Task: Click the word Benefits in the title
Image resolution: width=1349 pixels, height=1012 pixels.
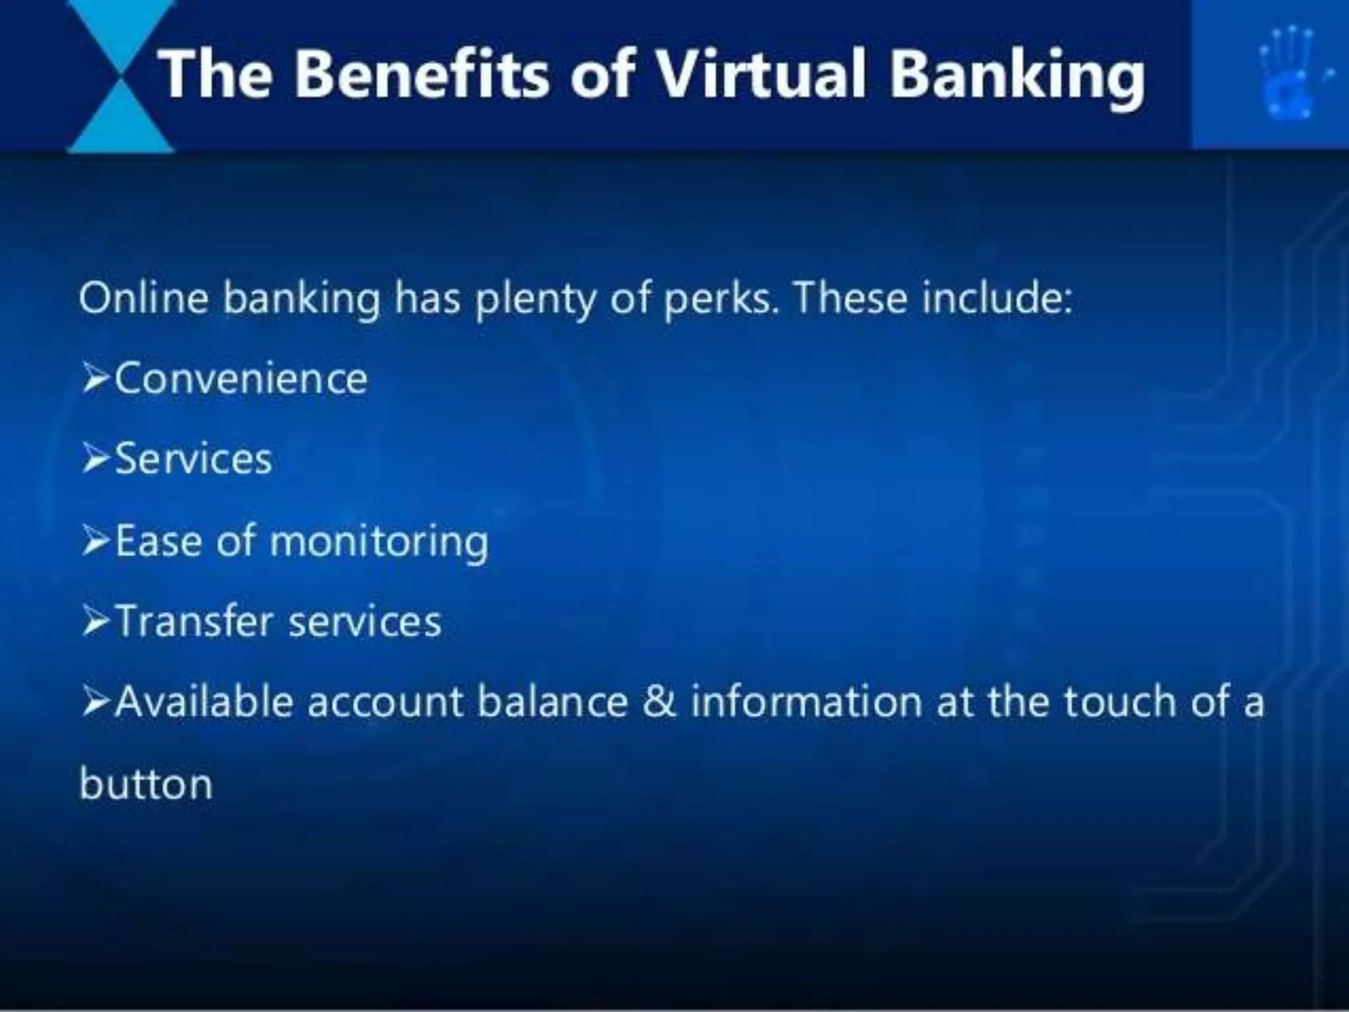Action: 421,74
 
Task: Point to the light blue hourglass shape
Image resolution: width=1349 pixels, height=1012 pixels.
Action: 120,76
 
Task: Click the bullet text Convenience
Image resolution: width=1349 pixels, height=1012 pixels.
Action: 241,379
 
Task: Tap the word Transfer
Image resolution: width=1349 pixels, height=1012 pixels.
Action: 194,621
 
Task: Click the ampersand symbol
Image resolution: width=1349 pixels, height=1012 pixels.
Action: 659,702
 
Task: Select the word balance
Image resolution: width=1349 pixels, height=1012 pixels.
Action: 553,702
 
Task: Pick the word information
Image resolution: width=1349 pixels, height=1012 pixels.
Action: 806,702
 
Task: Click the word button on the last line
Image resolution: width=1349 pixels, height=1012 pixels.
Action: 146,784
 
